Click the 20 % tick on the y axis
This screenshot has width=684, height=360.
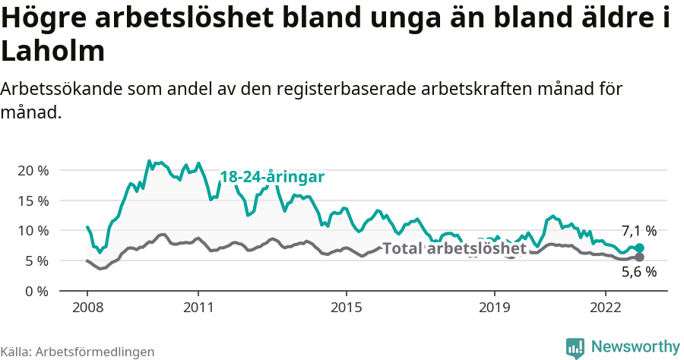pyautogui.click(x=32, y=170)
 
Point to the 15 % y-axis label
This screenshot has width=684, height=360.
pyautogui.click(x=32, y=201)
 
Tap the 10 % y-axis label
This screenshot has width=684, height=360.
pyautogui.click(x=32, y=230)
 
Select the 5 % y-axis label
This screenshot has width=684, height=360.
pyautogui.click(x=35, y=261)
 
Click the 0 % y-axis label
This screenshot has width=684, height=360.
pyautogui.click(x=35, y=291)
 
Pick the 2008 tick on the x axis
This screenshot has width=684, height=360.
pyautogui.click(x=87, y=308)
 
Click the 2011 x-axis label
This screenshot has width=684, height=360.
pyautogui.click(x=198, y=308)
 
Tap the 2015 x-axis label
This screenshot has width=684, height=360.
pyautogui.click(x=347, y=308)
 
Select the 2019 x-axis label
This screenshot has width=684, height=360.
pyautogui.click(x=495, y=308)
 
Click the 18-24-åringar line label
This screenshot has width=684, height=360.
pyautogui.click(x=272, y=177)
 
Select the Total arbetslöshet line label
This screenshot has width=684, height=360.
pyautogui.click(x=454, y=248)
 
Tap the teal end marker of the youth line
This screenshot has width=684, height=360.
pyautogui.click(x=640, y=248)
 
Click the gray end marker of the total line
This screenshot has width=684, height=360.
pyautogui.click(x=640, y=257)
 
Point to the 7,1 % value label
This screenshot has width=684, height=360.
pyautogui.click(x=638, y=231)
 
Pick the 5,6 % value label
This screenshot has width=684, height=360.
pyautogui.click(x=638, y=273)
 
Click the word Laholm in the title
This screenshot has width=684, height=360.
pyautogui.click(x=52, y=52)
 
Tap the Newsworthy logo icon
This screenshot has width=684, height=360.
pyautogui.click(x=575, y=347)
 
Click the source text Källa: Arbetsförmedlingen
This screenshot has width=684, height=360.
pyautogui.click(x=78, y=352)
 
